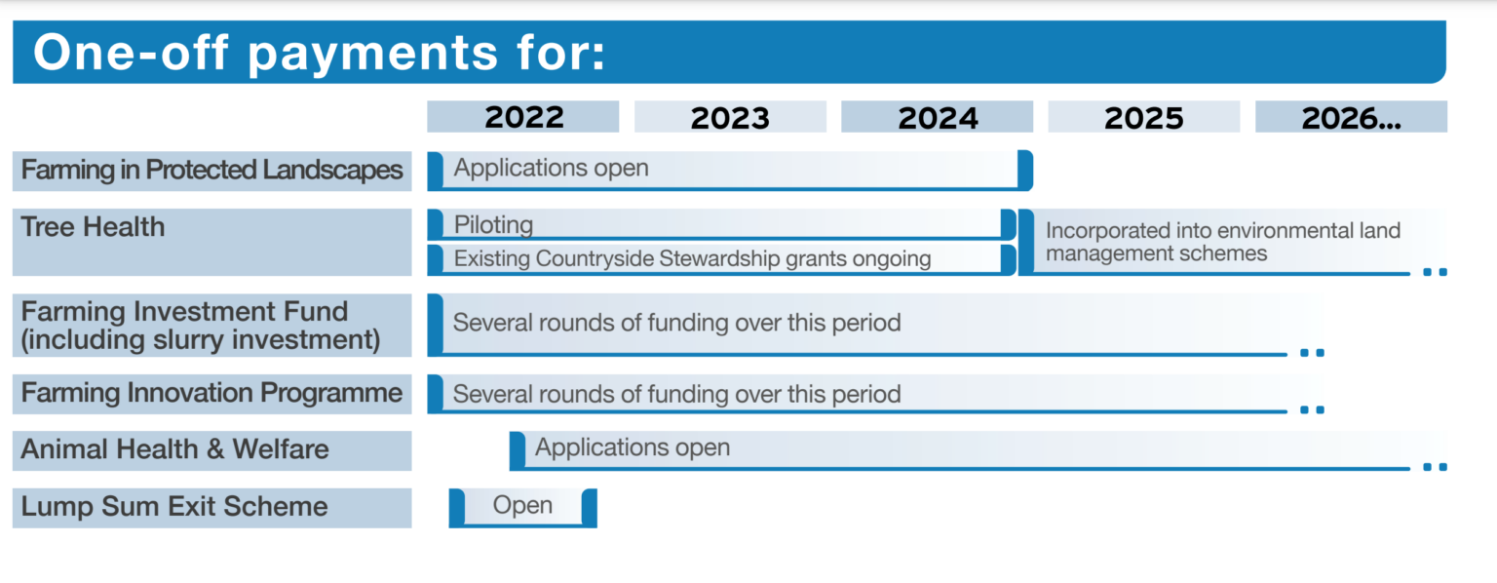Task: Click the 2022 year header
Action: coord(523,117)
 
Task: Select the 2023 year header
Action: coord(730,117)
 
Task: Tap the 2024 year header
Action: coord(937,117)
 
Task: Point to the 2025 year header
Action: coord(1143,117)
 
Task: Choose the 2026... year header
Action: coord(1351,117)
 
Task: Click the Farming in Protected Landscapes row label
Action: coord(211,171)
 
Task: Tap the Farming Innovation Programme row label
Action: coord(211,394)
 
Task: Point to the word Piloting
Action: coord(493,225)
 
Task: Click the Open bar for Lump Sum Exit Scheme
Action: coord(522,508)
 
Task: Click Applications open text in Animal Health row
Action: coord(633,447)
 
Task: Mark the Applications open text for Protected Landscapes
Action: coord(552,168)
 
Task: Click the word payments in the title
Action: coord(373,54)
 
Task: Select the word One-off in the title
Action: coord(131,52)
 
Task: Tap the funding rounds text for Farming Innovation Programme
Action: coord(677,394)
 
